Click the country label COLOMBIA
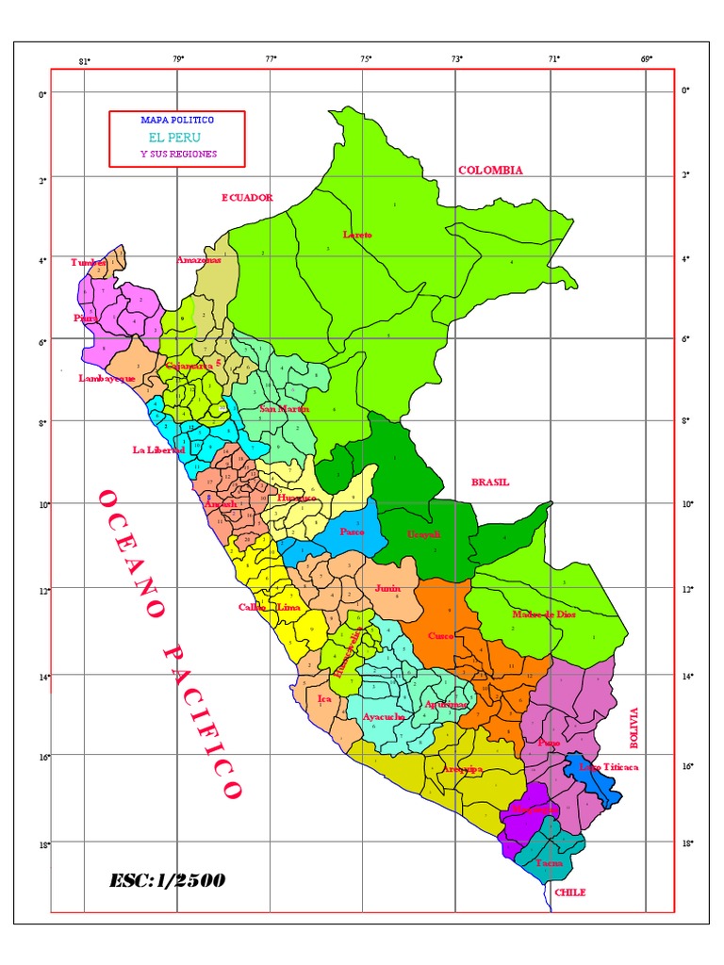tap(490, 171)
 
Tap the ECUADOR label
tap(247, 198)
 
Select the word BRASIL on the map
tap(490, 482)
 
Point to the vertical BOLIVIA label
tap(633, 728)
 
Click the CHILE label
tap(570, 891)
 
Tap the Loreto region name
tap(357, 235)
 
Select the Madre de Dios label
tap(543, 614)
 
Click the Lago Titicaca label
tap(609, 767)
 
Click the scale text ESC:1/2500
tap(167, 880)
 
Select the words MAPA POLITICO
tap(177, 121)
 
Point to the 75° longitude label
tap(366, 59)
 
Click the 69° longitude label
tap(647, 59)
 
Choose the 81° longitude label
tap(84, 61)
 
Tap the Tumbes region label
tap(89, 263)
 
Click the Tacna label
tap(549, 862)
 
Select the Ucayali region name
tap(423, 534)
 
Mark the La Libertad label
tap(158, 450)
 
